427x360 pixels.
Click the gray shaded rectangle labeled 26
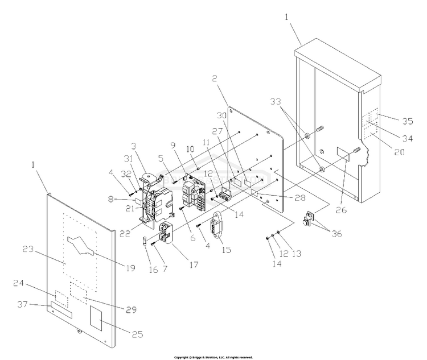pos(343,152)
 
